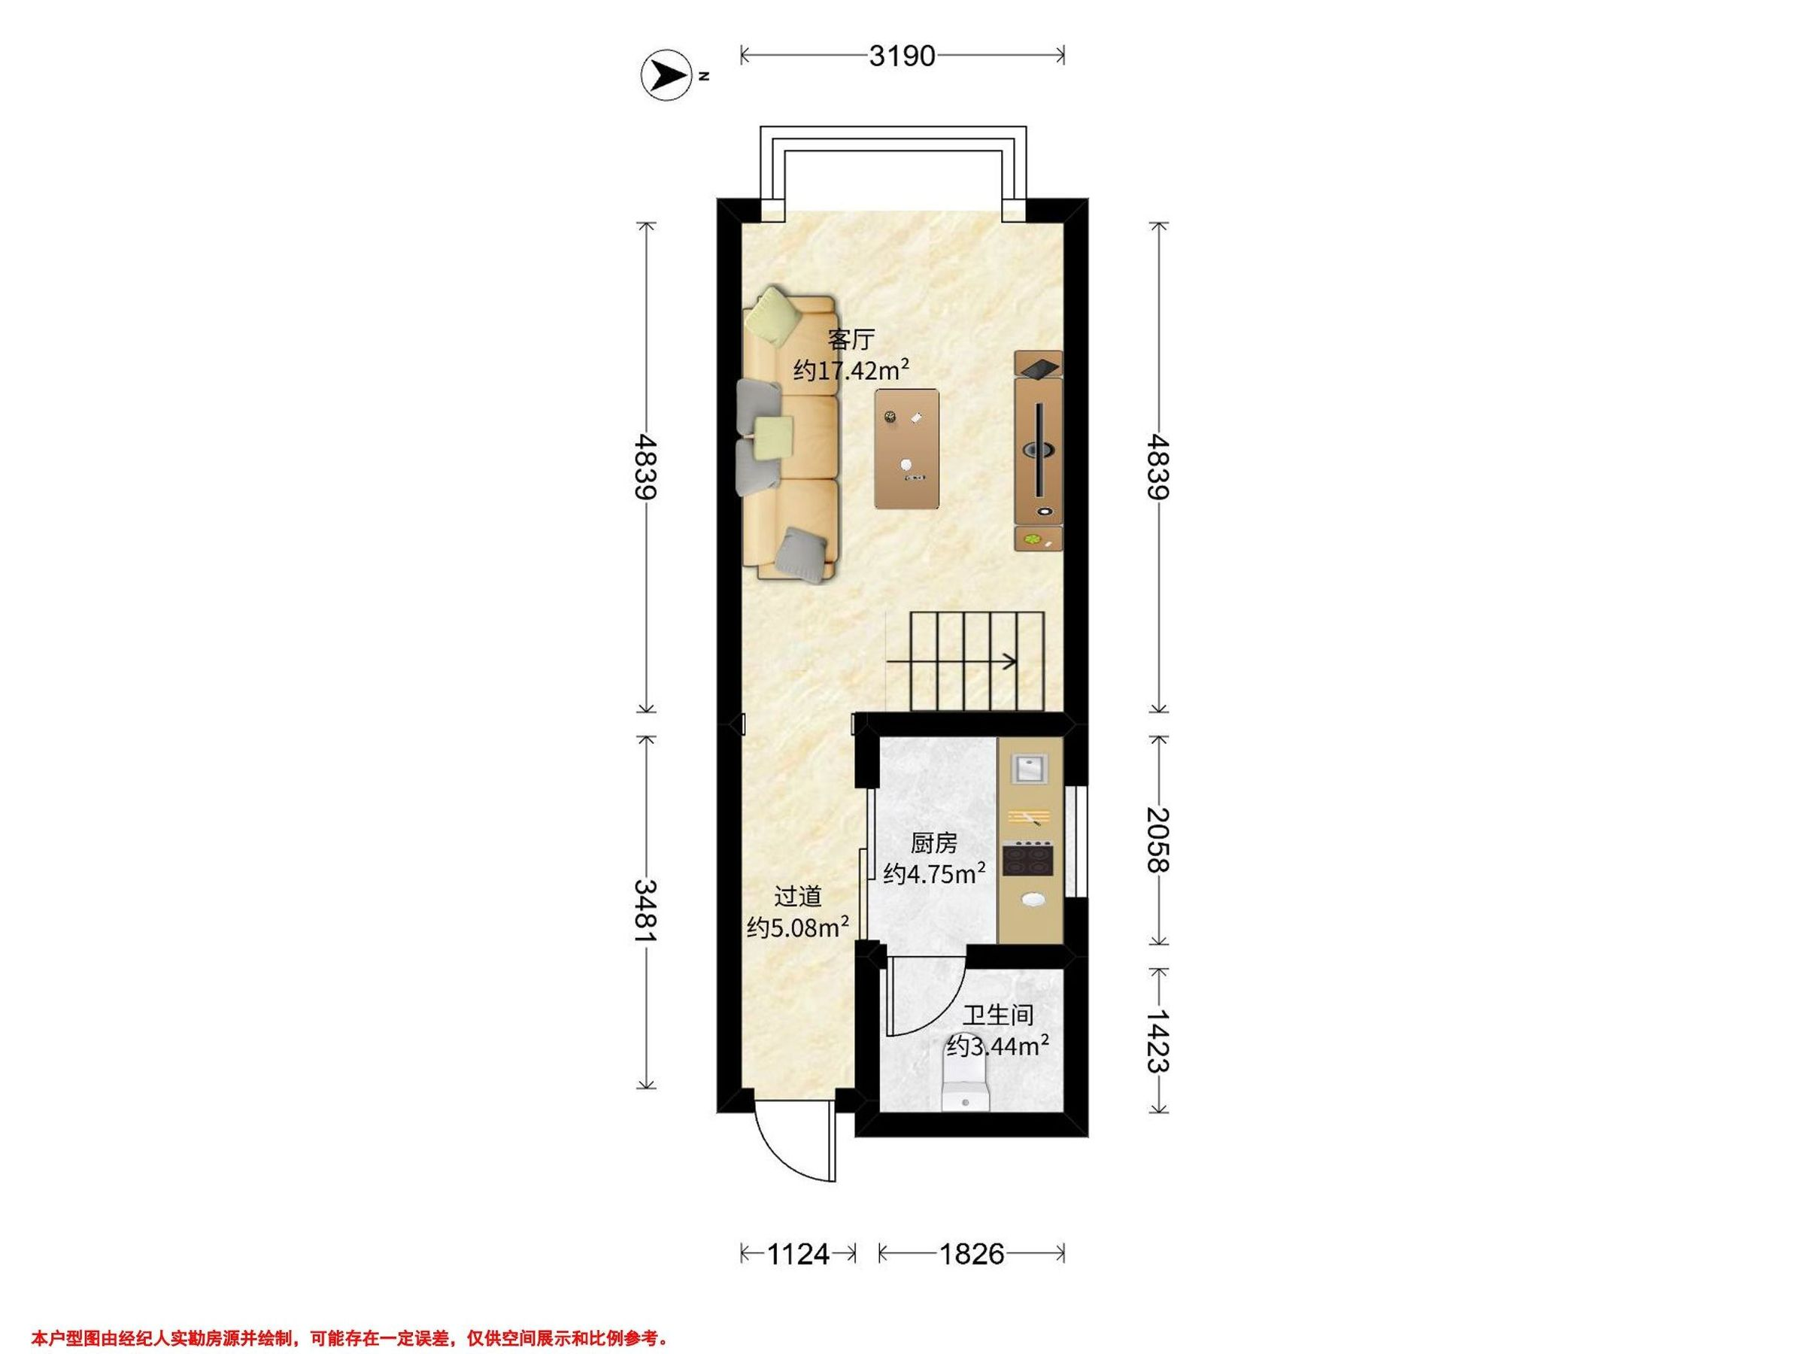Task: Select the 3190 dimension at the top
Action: click(902, 56)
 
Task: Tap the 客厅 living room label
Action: click(851, 338)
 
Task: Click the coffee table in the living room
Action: click(906, 448)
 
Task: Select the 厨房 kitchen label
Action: click(933, 842)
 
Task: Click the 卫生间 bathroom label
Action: click(998, 1015)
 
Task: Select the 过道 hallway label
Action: click(797, 896)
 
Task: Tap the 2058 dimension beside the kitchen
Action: click(1158, 839)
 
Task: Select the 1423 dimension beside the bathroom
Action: click(1158, 1041)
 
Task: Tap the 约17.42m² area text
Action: click(851, 370)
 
